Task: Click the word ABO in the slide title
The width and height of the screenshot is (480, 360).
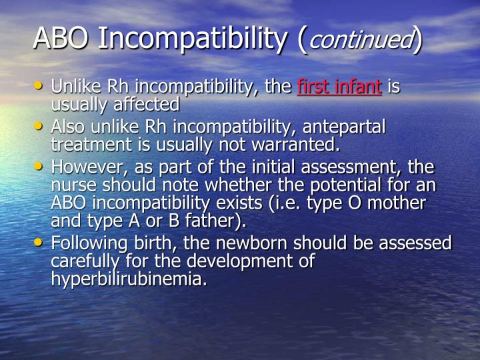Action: pyautogui.click(x=61, y=40)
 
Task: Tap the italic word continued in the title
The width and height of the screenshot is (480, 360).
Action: pyautogui.click(x=360, y=41)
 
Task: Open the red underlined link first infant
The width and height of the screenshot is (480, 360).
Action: pyautogui.click(x=339, y=87)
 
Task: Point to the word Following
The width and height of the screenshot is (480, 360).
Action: pyautogui.click(x=88, y=243)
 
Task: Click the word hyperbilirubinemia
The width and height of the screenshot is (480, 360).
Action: pyautogui.click(x=128, y=279)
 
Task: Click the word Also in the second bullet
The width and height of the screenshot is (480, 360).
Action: pyautogui.click(x=67, y=127)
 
